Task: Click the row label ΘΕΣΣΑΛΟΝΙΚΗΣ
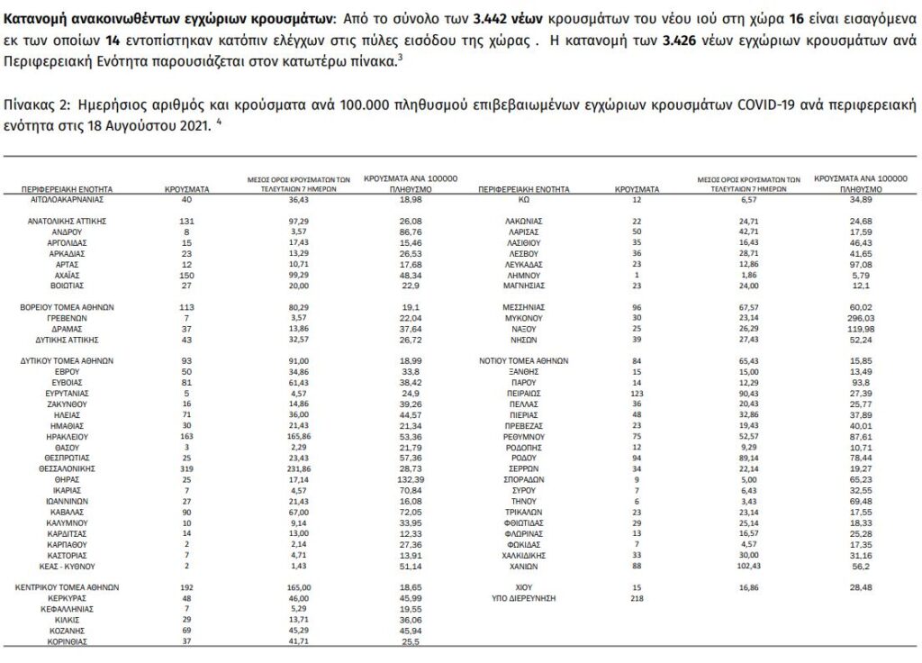(68, 468)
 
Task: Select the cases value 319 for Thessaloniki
(187, 468)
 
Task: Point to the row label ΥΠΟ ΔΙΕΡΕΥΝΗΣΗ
(523, 598)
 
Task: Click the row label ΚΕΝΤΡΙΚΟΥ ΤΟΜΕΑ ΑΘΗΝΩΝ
(68, 586)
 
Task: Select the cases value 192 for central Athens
(187, 586)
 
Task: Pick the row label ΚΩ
(523, 200)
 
